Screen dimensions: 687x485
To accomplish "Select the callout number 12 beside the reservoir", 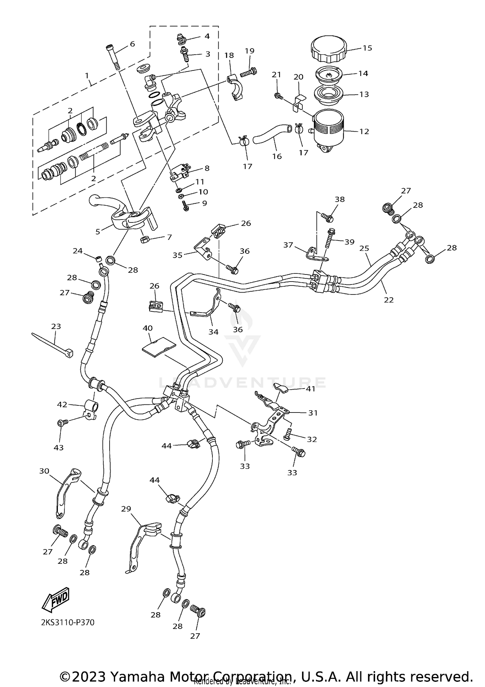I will tap(364, 131).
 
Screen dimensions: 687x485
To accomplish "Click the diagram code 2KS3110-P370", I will tap(68, 622).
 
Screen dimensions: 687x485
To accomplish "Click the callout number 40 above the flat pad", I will tap(147, 328).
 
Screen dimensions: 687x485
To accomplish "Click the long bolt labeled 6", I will tap(112, 56).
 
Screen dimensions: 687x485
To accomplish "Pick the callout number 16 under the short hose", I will tap(277, 156).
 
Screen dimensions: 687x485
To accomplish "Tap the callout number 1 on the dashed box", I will tap(87, 76).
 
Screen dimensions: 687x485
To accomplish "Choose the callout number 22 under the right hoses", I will tap(389, 300).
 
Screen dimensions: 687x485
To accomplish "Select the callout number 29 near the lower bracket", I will tap(126, 509).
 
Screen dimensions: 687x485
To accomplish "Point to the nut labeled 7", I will tap(145, 240).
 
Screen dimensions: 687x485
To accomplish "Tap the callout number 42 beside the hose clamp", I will tap(62, 404).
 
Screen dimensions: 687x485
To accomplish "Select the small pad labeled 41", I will tap(281, 388).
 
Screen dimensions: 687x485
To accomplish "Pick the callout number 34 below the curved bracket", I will tap(213, 332).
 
